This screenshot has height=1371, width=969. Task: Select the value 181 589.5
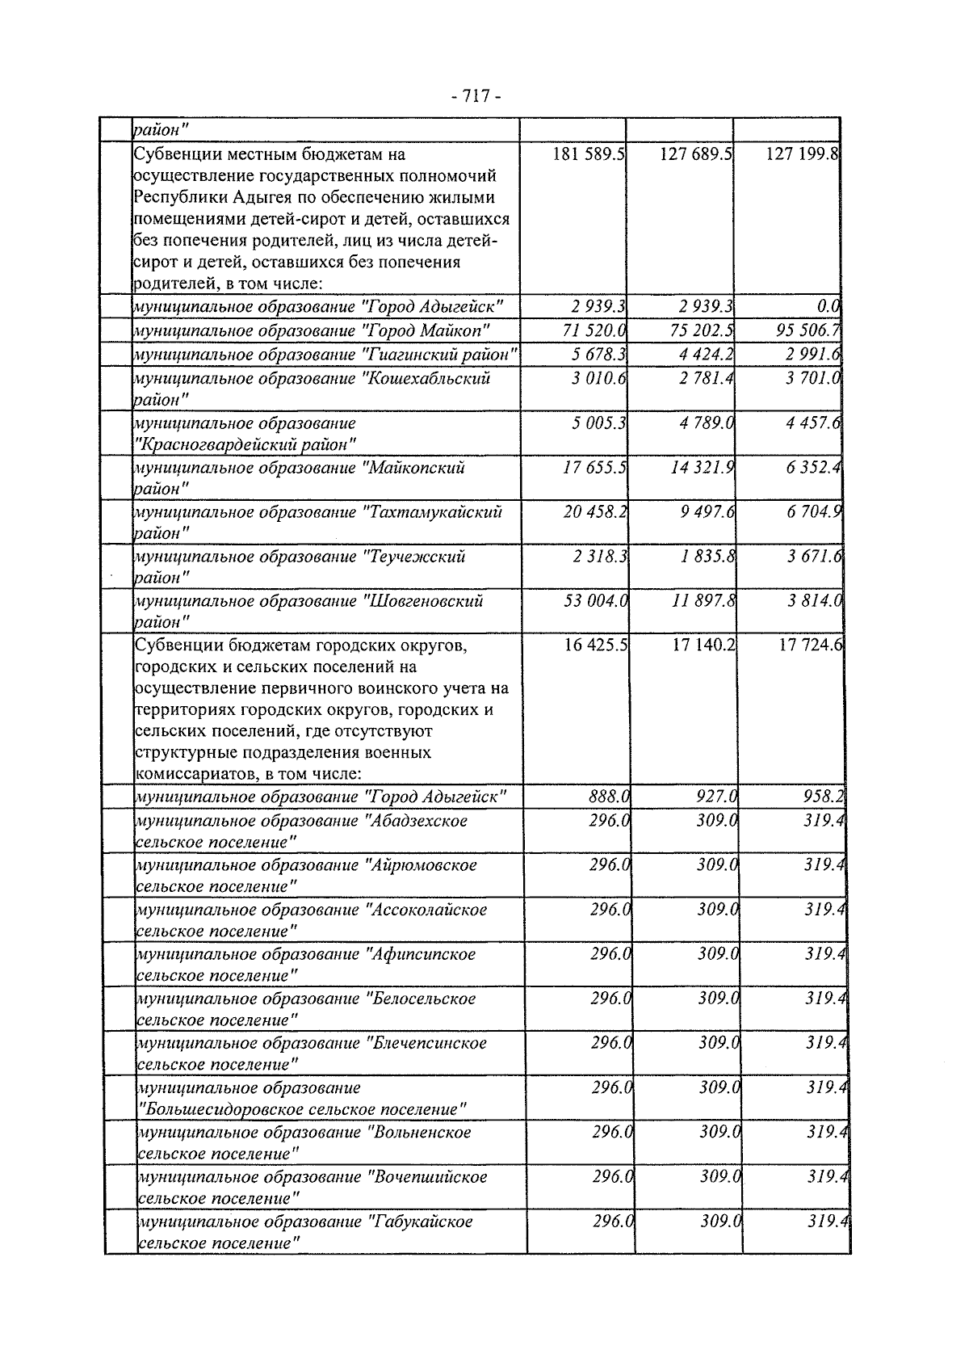589,154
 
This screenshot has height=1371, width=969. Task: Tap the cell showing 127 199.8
803,154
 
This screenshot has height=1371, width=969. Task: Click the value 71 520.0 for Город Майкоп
595,330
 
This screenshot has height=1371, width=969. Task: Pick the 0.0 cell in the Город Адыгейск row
828,306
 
